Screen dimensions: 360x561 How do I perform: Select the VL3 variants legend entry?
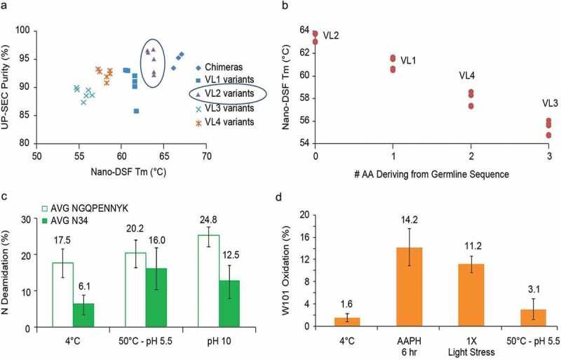tap(230, 108)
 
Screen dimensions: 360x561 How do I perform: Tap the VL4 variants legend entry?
tap(230, 122)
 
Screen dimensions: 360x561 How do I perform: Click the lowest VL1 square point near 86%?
tap(136, 111)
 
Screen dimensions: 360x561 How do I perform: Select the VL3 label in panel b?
tap(551, 103)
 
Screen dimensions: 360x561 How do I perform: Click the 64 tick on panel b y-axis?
tap(304, 30)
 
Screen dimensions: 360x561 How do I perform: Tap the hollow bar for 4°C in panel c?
tap(63, 295)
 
